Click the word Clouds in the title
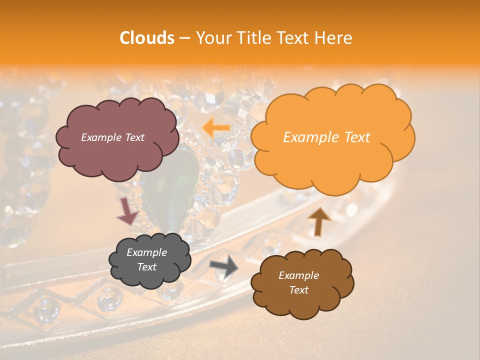tap(147, 38)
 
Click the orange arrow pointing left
tap(216, 128)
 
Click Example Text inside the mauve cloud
tap(113, 137)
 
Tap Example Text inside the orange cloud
tap(326, 137)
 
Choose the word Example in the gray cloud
tap(147, 252)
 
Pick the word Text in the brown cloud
tap(298, 290)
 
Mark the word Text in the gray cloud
tap(147, 267)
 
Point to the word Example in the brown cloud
tap(298, 275)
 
